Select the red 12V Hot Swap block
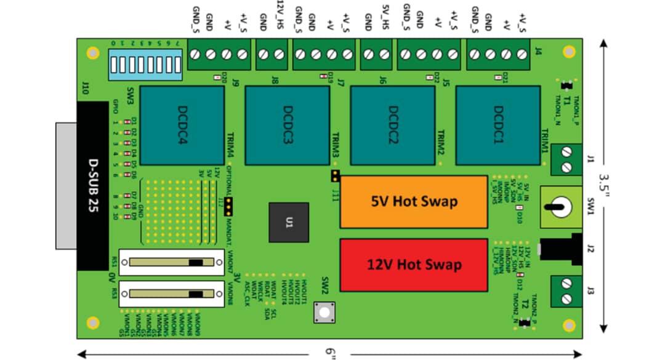coord(414,264)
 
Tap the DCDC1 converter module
coord(498,126)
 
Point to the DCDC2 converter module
coord(392,126)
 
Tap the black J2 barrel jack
coord(562,249)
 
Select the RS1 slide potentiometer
coord(171,262)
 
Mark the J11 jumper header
coord(335,177)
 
